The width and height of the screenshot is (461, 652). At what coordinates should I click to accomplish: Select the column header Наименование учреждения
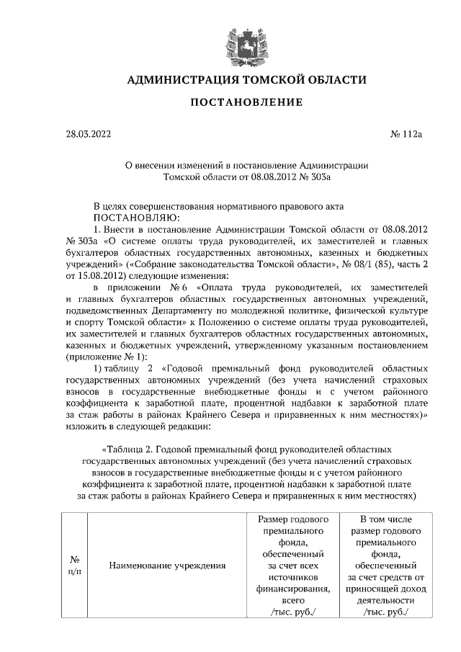[x=167, y=565]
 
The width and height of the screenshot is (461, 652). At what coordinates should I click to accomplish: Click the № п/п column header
[x=74, y=565]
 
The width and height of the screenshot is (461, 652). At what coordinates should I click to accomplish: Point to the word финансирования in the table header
[x=292, y=588]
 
